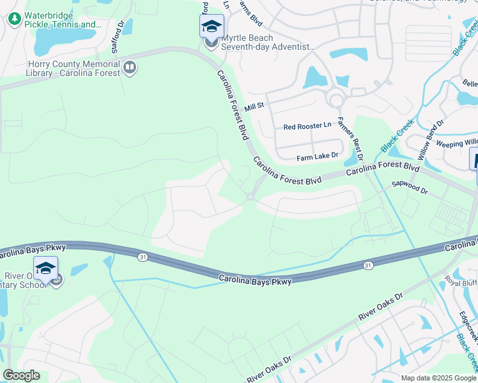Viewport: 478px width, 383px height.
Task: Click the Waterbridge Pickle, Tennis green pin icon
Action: pos(14,19)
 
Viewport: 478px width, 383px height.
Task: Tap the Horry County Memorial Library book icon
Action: pos(130,67)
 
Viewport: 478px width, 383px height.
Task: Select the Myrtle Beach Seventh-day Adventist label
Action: pos(268,42)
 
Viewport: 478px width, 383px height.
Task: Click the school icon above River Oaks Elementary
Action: pos(45,269)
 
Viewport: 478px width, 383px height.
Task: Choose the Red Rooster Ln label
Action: pos(307,126)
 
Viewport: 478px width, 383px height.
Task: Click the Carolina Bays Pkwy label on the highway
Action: pos(255,280)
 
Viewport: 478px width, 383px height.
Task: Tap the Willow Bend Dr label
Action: pos(426,140)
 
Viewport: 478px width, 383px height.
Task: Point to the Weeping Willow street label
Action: pos(456,143)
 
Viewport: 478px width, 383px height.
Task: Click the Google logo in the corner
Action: pos(21,375)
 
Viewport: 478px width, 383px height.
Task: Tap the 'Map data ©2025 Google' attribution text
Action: pos(438,378)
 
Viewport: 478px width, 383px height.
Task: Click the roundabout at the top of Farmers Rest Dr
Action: pos(335,99)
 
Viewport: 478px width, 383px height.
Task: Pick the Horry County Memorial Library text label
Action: pos(74,69)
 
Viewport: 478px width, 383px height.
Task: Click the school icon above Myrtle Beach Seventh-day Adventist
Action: pos(212,26)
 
